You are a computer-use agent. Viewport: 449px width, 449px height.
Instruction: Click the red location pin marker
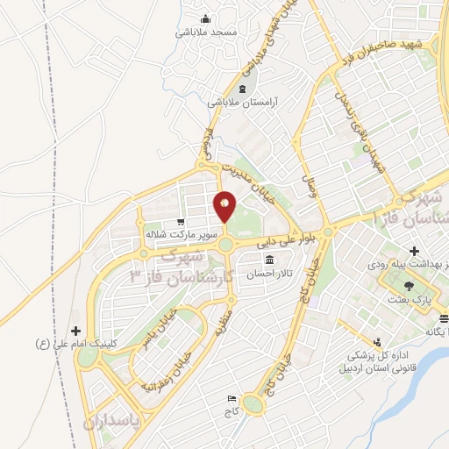click(x=224, y=206)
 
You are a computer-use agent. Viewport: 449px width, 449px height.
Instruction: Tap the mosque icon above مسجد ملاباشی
click(x=206, y=19)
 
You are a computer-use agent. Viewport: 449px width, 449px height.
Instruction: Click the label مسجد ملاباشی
click(x=206, y=32)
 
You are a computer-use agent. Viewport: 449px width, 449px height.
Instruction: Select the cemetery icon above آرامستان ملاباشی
click(x=242, y=89)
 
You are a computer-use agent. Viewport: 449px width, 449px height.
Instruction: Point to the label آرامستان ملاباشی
click(x=242, y=103)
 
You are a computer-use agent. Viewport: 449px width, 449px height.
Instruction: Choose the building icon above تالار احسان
click(x=267, y=260)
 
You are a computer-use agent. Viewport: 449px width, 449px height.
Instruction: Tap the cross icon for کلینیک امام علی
click(x=76, y=331)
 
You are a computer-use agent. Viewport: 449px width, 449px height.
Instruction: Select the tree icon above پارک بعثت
click(x=409, y=285)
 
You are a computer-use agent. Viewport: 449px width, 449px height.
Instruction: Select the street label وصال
click(x=310, y=186)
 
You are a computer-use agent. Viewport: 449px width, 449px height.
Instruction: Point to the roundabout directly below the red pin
click(x=224, y=245)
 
